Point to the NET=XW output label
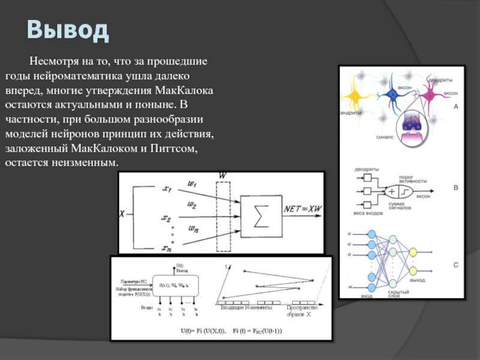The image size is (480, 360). coord(302,208)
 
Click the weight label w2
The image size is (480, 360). coord(192,205)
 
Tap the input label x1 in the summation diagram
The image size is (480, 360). coord(167,189)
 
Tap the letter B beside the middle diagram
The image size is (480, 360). coord(455,188)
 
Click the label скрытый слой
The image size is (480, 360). coord(394,294)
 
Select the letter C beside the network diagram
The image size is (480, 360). coord(455,265)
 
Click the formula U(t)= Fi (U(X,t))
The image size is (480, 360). coord(203,331)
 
